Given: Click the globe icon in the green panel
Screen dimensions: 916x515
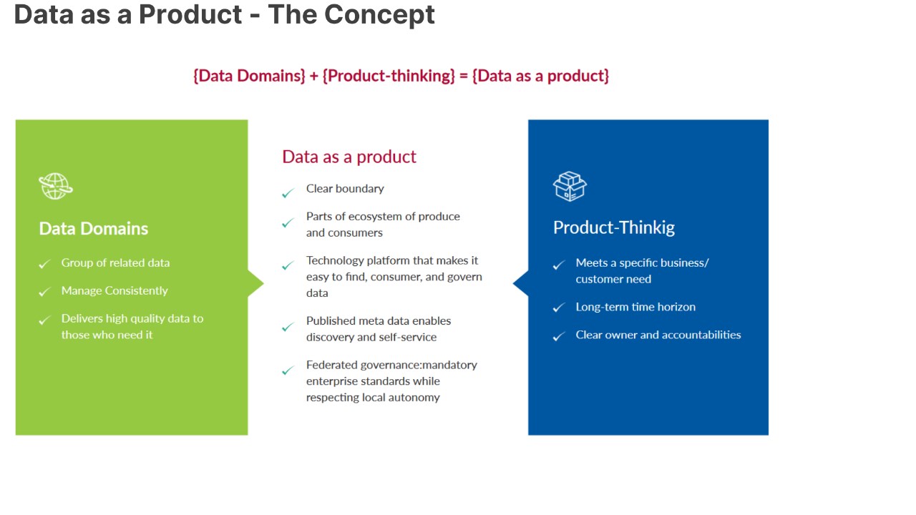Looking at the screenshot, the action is click(x=56, y=187).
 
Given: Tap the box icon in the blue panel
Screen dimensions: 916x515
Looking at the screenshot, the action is click(x=570, y=187).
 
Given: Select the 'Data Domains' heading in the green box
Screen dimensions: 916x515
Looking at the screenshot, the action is click(x=93, y=228).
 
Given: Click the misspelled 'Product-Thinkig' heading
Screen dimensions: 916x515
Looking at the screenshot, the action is click(x=614, y=227).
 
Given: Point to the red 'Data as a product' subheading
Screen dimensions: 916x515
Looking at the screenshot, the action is click(x=349, y=157).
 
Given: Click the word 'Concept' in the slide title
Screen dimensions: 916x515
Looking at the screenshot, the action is click(x=379, y=15).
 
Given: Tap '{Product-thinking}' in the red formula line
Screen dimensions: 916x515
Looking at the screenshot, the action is click(x=389, y=76).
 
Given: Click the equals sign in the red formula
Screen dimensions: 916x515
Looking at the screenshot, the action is click(x=463, y=76).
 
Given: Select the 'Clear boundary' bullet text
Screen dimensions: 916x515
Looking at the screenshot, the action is click(x=345, y=188).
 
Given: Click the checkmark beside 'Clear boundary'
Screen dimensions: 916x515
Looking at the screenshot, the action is click(x=288, y=192).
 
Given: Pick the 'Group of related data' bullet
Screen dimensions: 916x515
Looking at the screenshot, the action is click(x=115, y=263).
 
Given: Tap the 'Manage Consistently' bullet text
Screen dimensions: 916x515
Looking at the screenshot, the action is click(x=114, y=290).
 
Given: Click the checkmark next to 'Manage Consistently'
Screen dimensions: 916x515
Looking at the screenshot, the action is click(x=44, y=291).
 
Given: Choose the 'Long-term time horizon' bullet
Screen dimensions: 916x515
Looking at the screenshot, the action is click(x=635, y=307).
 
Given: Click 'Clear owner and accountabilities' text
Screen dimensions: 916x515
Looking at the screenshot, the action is click(x=658, y=335).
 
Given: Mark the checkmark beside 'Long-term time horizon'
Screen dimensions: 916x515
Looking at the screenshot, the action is click(x=559, y=308).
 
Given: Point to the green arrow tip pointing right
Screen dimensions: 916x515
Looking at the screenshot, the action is click(x=264, y=283).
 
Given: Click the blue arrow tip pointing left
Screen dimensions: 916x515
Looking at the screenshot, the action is click(x=513, y=283).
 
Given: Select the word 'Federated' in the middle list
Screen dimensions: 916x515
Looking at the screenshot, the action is click(x=331, y=365).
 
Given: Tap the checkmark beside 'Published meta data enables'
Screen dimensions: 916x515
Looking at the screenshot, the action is click(x=288, y=327).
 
